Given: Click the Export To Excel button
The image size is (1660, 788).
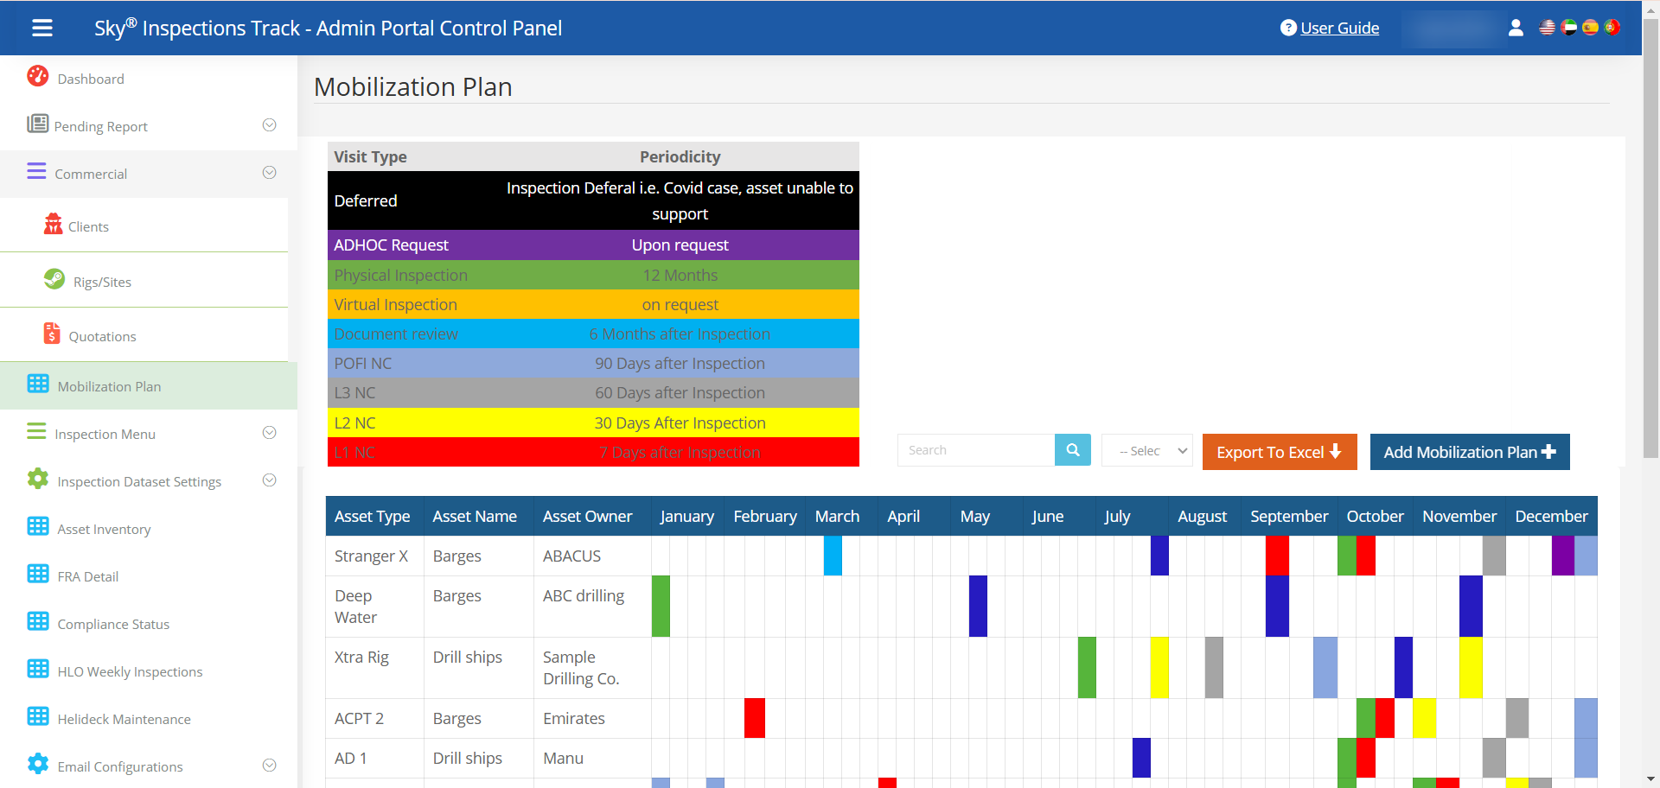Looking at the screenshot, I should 1279,452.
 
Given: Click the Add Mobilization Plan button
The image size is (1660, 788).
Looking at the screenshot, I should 1469,452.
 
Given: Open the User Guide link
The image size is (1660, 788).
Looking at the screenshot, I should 1338,28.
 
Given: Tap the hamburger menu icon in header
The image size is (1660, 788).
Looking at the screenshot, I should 42,28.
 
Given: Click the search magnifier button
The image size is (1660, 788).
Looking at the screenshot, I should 1072,450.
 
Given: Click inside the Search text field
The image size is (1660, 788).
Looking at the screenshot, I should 975,450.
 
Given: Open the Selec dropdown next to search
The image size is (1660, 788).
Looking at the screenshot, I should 1146,450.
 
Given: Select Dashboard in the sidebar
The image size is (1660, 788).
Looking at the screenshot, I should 90,79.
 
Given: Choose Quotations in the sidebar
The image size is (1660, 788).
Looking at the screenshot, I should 102,336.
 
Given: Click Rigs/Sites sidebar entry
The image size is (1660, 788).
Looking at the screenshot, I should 102,282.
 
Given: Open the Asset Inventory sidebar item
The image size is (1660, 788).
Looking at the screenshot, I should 104,529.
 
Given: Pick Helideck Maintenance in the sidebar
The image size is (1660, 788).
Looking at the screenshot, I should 124,719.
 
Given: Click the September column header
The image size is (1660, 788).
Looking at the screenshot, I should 1288,516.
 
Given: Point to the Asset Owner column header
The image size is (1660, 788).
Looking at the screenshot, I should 587,516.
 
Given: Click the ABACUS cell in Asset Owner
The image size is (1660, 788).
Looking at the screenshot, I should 571,556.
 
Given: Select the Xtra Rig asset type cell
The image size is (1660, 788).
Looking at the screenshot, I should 361,657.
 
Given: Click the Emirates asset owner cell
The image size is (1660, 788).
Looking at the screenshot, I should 573,718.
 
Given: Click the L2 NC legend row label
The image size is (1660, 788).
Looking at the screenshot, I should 354,423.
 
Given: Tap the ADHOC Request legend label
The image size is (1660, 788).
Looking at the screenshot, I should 391,245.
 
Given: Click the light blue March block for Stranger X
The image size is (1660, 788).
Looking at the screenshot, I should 833,556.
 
